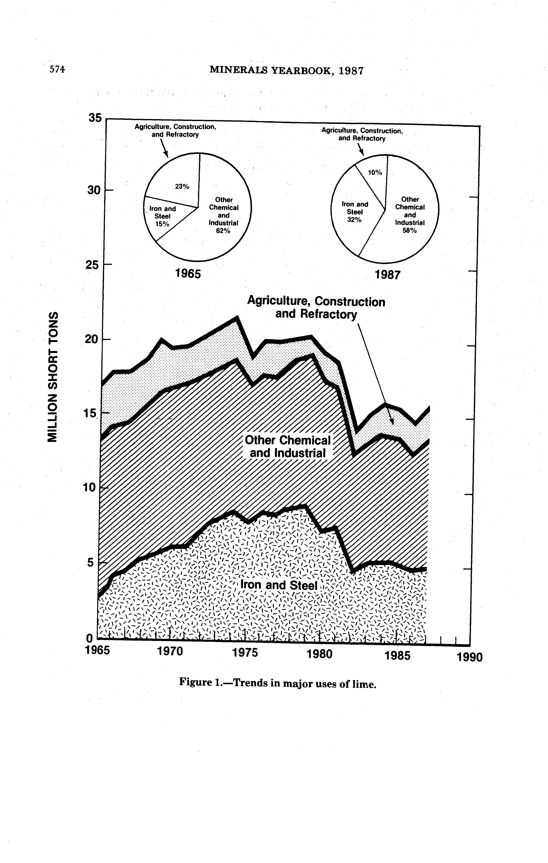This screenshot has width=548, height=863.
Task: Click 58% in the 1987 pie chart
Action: pos(409,230)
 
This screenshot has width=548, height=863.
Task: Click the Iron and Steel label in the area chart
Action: pos(279,585)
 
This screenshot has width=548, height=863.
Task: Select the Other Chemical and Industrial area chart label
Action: pos(288,446)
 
